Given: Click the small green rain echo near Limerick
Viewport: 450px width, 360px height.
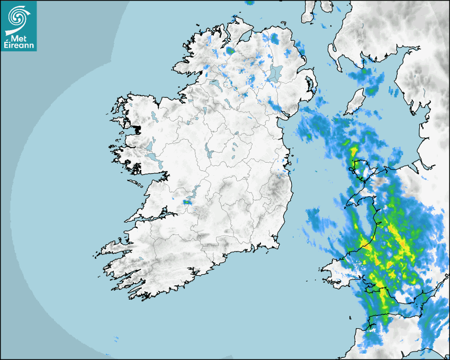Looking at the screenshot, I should click(187, 202).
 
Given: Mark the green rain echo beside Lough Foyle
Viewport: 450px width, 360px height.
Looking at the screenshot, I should click(230, 51).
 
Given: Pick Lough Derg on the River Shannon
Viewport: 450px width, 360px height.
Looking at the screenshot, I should click(193, 192).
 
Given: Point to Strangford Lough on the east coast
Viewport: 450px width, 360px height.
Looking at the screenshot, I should click(310, 84).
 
